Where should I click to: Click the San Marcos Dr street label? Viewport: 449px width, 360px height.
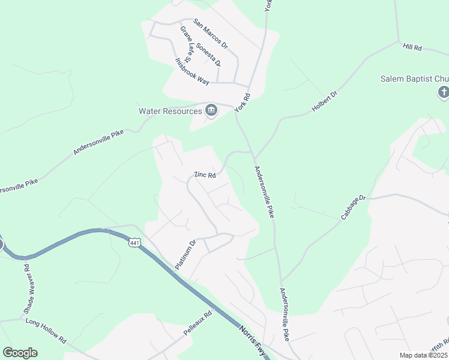point(211,34)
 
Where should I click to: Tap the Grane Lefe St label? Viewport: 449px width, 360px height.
point(185,43)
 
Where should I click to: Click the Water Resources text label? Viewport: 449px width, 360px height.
point(170,111)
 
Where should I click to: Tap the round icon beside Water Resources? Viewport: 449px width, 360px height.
point(211,110)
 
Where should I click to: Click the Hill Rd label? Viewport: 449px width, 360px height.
point(413,47)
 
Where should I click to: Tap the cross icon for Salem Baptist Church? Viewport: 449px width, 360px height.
point(443,92)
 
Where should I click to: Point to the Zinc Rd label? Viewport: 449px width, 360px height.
point(204,175)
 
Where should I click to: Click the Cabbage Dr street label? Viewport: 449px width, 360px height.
point(354,206)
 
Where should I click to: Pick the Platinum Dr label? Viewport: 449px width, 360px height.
point(185,254)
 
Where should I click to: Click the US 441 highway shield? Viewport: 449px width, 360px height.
point(134,242)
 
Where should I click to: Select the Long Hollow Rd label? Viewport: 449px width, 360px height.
point(46,330)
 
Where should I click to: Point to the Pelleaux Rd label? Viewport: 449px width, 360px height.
point(199,322)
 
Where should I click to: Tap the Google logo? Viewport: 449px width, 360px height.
point(20,353)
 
